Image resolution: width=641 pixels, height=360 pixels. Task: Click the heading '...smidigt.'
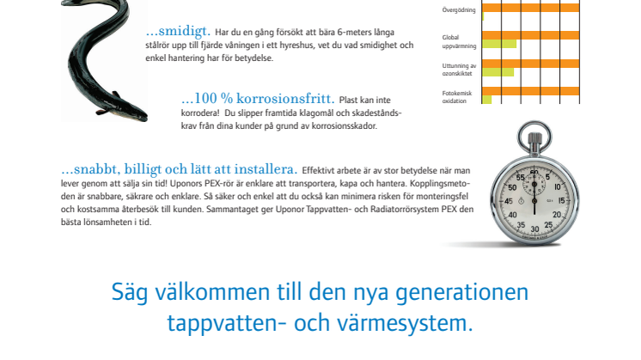pyautogui.click(x=178, y=31)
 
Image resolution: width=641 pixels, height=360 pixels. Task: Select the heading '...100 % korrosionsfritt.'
pyautogui.click(x=258, y=99)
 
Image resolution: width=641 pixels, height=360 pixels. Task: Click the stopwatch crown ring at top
pyautogui.click(x=534, y=136)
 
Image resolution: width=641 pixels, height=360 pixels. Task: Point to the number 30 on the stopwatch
pyautogui.click(x=534, y=229)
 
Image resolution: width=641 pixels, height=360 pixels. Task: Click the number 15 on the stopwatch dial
pyautogui.click(x=561, y=201)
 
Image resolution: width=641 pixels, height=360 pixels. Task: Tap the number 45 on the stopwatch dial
pyautogui.click(x=509, y=201)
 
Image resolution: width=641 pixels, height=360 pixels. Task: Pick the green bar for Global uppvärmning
pyautogui.click(x=499, y=44)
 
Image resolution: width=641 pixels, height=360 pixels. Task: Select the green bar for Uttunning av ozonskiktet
pyautogui.click(x=498, y=72)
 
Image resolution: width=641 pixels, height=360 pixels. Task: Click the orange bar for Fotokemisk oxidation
pyautogui.click(x=531, y=91)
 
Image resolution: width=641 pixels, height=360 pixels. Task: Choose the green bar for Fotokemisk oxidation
pyautogui.click(x=487, y=100)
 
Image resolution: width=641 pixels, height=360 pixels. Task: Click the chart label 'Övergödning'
pyautogui.click(x=459, y=9)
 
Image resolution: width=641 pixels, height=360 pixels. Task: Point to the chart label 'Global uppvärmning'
pyautogui.click(x=459, y=42)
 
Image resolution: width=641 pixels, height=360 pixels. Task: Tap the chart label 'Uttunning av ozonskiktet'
pyautogui.click(x=459, y=70)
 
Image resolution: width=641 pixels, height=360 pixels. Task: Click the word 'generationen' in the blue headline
pyautogui.click(x=462, y=293)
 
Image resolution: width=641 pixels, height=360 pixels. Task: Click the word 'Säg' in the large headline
pyautogui.click(x=130, y=293)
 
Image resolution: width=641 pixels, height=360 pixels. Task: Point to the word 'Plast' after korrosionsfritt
pyautogui.click(x=348, y=101)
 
